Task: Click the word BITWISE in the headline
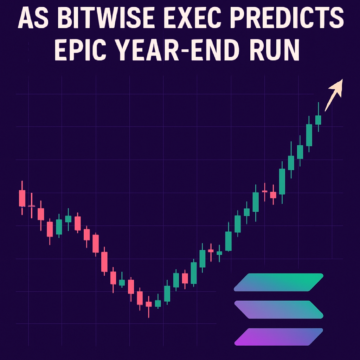pos(106,18)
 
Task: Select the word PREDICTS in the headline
pos(287,18)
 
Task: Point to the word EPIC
pos(80,50)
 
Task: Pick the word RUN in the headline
pos(275,50)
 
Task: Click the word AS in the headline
pos(33,18)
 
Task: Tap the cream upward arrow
pos(334,95)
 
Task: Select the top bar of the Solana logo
pos(278,282)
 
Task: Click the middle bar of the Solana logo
pos(279,309)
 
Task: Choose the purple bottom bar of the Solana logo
pos(278,337)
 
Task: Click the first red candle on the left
pos(22,198)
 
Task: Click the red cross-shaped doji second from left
pos(31,206)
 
